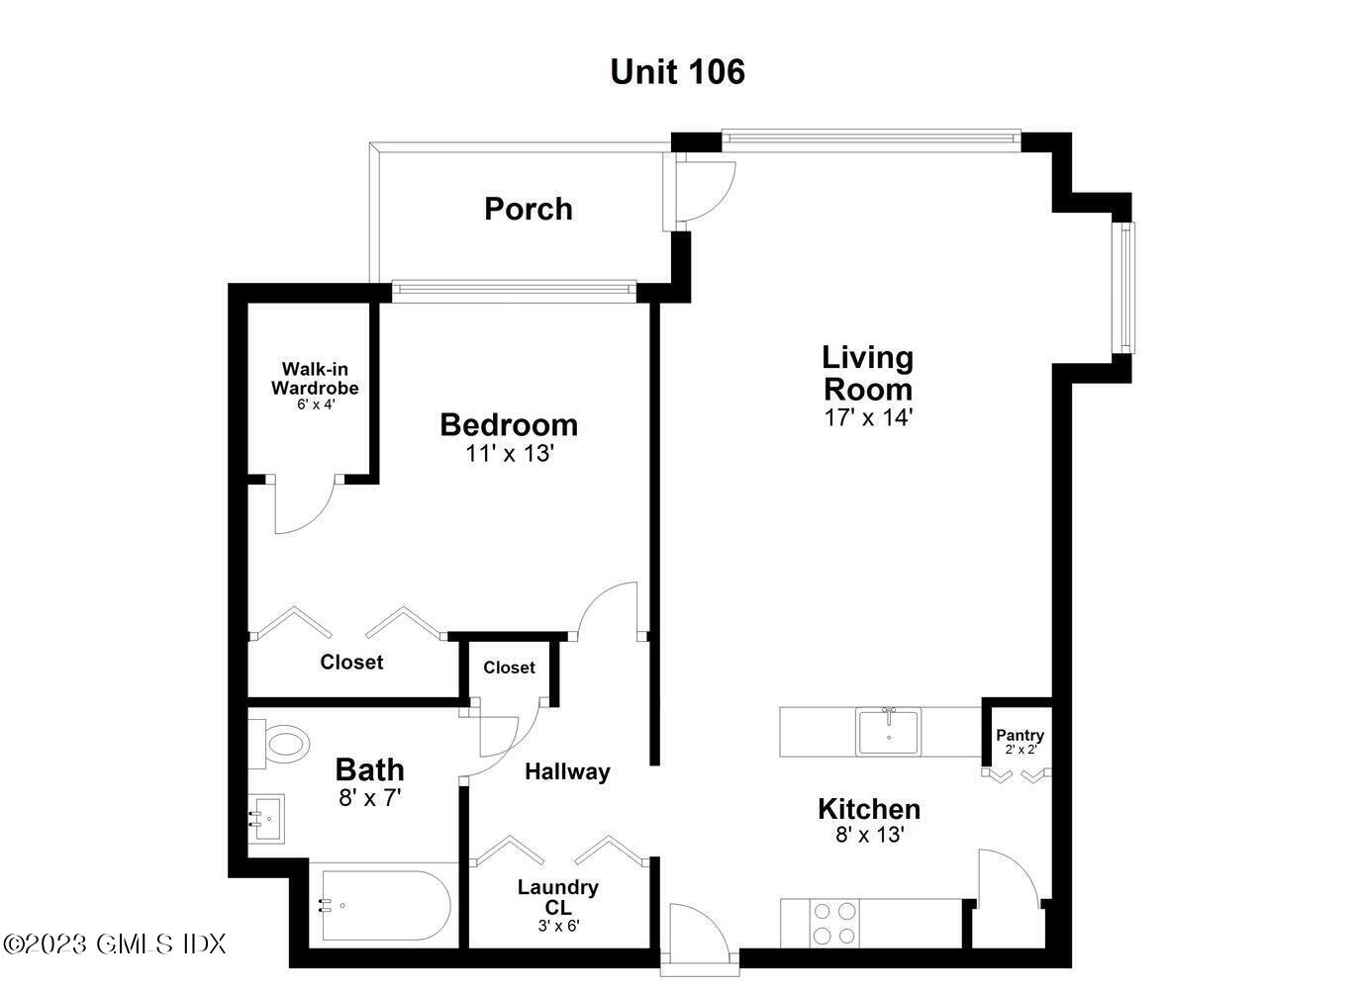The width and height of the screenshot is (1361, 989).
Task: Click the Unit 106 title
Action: (677, 71)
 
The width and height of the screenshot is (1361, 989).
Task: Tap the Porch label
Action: (528, 209)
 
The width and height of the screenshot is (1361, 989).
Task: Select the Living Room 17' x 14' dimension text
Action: (867, 417)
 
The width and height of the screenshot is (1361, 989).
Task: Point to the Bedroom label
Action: (509, 424)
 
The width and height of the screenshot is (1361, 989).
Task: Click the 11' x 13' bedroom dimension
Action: (509, 454)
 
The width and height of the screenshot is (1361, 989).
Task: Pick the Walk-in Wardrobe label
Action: (315, 380)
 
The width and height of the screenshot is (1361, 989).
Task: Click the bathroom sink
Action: (265, 818)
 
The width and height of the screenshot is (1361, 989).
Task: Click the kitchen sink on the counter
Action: (889, 731)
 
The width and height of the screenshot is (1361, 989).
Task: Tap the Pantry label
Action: (1020, 736)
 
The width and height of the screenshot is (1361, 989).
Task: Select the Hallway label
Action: (567, 771)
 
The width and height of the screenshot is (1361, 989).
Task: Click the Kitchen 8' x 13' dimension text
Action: (869, 835)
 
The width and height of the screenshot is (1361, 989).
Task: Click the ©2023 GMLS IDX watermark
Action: (115, 944)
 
